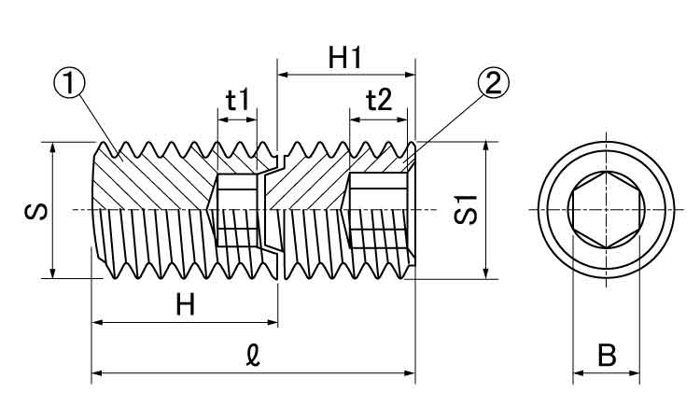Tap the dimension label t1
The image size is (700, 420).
pyautogui.click(x=238, y=99)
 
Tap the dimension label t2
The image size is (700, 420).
pyautogui.click(x=378, y=99)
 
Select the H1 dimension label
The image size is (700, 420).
pyautogui.click(x=345, y=58)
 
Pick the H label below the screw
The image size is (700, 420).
pyautogui.click(x=186, y=305)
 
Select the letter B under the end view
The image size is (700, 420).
pyautogui.click(x=606, y=355)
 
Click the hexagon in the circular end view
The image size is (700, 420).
pyautogui.click(x=606, y=210)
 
